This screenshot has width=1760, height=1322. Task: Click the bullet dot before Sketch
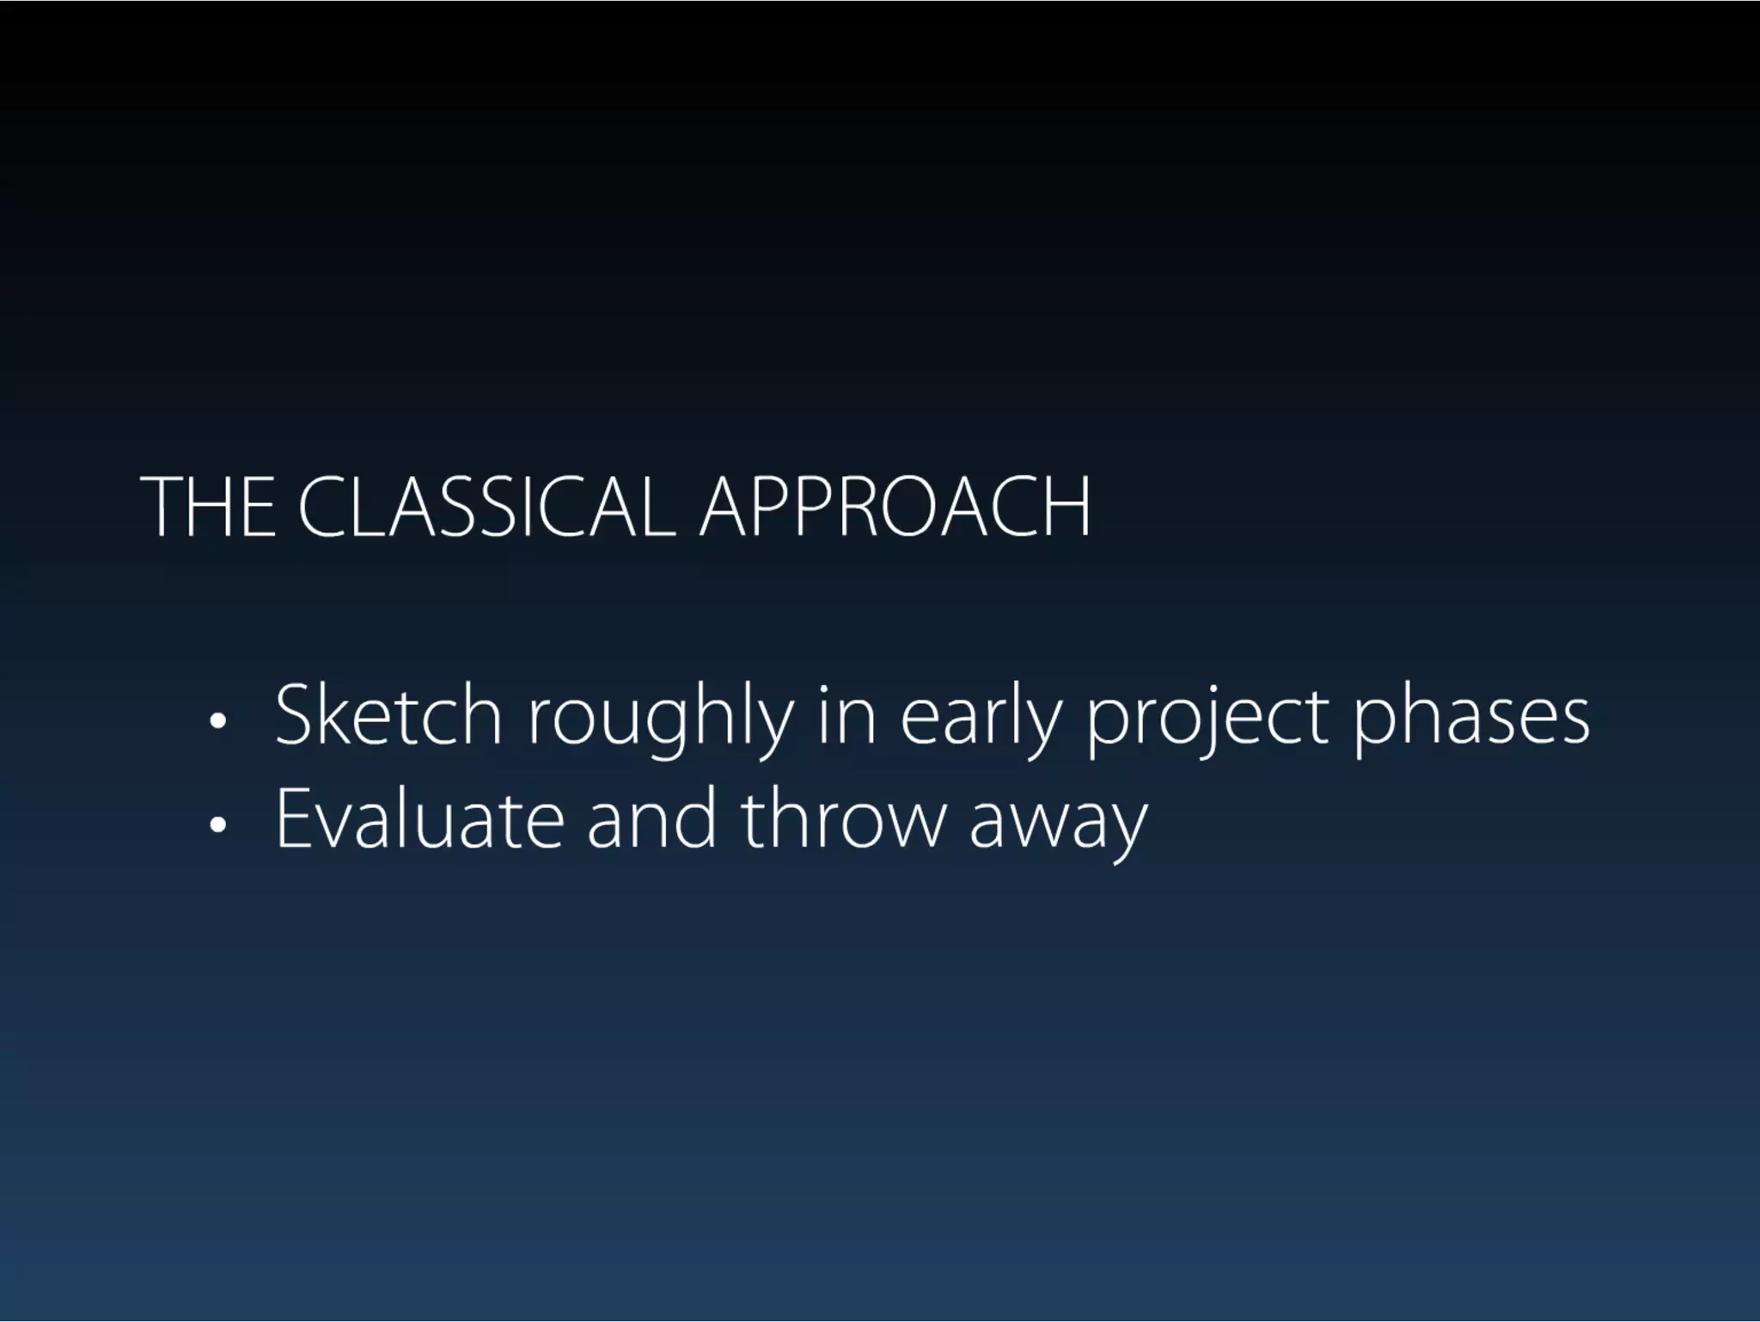click(x=218, y=720)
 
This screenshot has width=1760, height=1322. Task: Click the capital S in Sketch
click(x=296, y=715)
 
